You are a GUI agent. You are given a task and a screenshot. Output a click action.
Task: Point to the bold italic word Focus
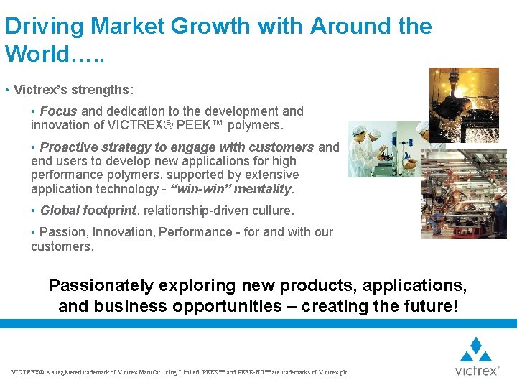[x=59, y=111]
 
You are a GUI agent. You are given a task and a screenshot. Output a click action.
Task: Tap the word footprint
[x=108, y=211]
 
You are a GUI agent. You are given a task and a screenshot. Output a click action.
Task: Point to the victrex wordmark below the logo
[x=475, y=371]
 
